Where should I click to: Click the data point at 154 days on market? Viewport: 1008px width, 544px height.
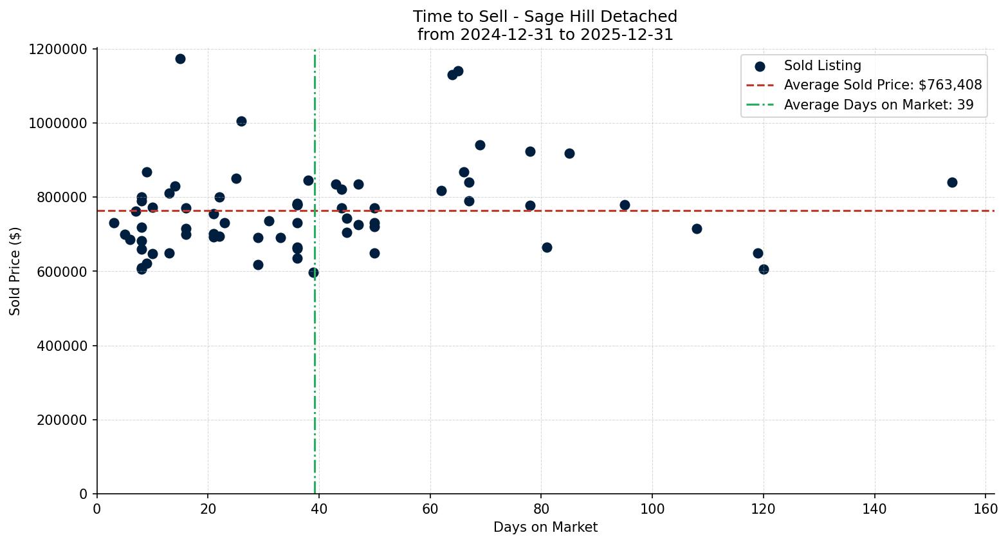tap(952, 182)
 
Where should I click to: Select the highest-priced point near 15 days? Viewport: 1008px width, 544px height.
tap(180, 59)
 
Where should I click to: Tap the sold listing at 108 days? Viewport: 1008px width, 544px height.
tap(697, 229)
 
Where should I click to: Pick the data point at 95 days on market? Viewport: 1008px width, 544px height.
tap(625, 205)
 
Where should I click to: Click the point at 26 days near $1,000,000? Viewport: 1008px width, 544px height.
tap(241, 121)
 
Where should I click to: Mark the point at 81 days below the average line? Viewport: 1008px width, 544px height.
tap(547, 247)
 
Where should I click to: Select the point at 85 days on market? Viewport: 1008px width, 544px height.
tap(569, 153)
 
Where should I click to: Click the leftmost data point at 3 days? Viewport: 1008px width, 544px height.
tap(114, 223)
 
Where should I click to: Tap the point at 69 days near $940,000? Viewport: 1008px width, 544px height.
tap(480, 145)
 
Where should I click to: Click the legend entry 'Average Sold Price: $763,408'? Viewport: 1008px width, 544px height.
tap(883, 85)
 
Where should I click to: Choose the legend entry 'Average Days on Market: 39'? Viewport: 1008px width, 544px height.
tap(878, 105)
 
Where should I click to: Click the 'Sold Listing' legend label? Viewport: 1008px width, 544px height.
tap(822, 66)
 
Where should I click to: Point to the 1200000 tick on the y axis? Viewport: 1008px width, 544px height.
tap(58, 49)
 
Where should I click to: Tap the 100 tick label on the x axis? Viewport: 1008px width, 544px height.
tap(652, 509)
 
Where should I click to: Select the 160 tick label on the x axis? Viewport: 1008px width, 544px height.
tap(985, 509)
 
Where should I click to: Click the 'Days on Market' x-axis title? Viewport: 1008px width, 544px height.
tap(545, 527)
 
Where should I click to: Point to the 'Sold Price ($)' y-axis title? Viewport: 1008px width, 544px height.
tap(15, 271)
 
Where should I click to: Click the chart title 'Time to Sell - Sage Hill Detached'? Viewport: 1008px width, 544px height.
tap(545, 17)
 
